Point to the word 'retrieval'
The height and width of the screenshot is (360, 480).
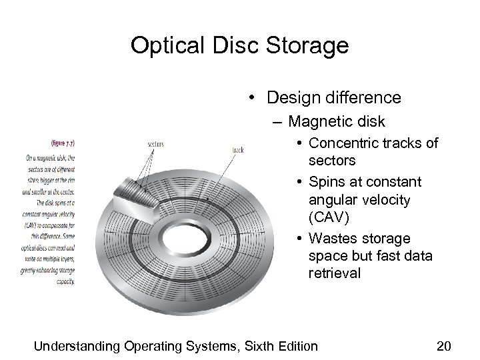pos(335,273)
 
